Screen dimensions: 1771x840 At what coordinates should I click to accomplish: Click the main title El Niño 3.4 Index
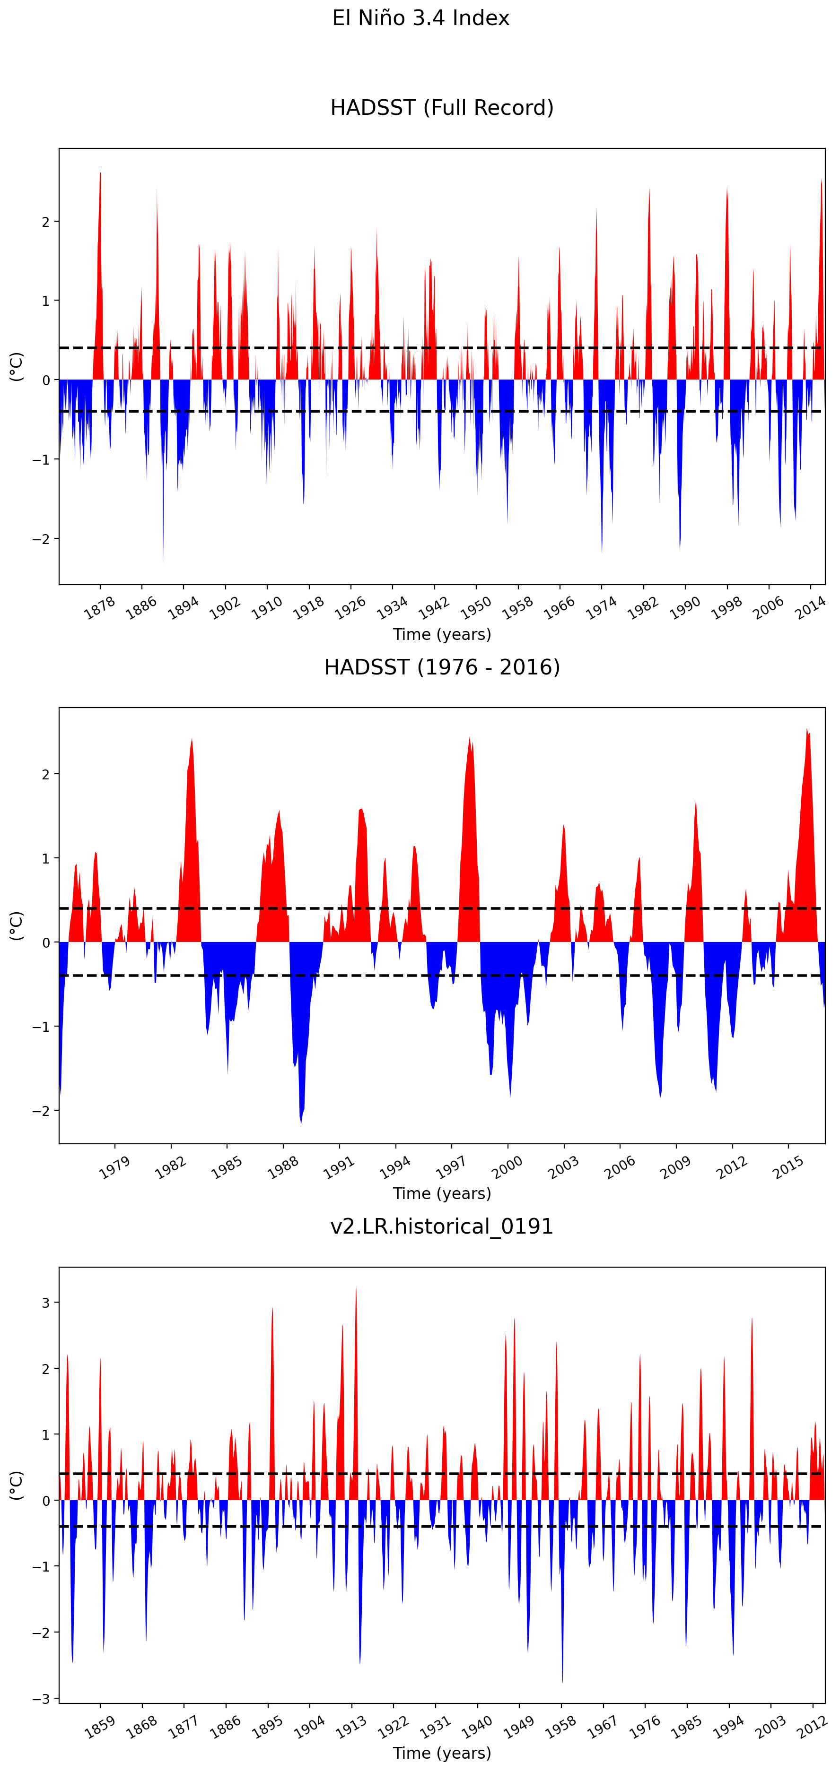click(x=420, y=18)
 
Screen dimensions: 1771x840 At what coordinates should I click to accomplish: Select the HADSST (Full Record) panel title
click(x=442, y=108)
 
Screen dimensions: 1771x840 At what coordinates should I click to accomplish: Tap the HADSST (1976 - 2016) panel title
click(x=442, y=667)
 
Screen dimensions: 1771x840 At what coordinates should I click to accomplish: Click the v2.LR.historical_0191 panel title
click(x=442, y=1227)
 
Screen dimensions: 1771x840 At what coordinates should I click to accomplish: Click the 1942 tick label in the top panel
click(x=434, y=608)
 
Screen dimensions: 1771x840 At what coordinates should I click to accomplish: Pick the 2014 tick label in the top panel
click(x=810, y=608)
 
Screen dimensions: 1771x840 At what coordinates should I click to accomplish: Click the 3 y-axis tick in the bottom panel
click(x=45, y=1303)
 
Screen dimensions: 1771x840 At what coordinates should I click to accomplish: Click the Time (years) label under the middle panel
click(x=442, y=1193)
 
